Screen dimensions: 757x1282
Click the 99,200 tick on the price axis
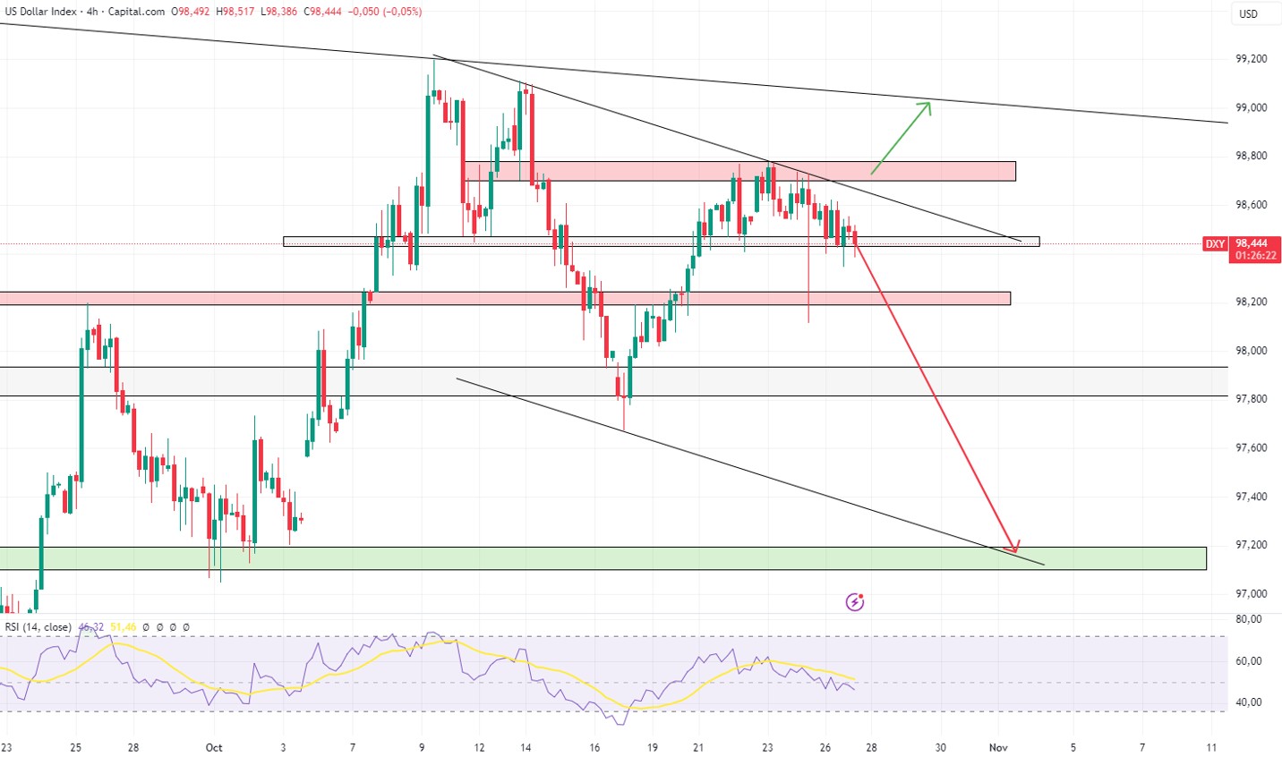coord(1251,59)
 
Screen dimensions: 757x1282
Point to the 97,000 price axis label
coord(1251,594)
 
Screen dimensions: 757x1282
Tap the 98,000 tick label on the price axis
coord(1251,351)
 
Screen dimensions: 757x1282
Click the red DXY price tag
coord(1214,243)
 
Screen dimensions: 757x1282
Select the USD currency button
coord(1248,13)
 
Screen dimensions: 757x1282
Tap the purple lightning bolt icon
coord(855,602)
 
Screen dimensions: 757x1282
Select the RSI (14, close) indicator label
coord(38,627)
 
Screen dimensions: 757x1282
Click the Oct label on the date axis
coord(213,747)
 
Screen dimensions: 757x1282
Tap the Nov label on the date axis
coord(998,747)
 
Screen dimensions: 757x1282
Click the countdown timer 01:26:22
coord(1256,256)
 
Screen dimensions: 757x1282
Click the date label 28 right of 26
coord(871,747)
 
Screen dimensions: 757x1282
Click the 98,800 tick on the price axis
coord(1251,156)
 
